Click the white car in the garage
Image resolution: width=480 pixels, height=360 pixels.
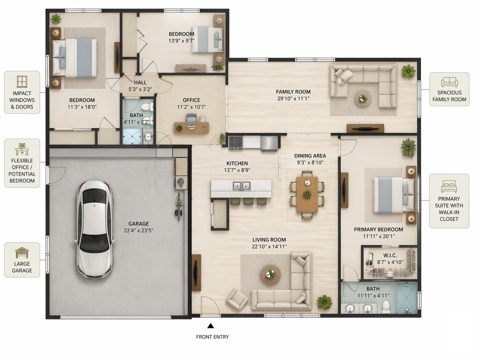click(x=95, y=229)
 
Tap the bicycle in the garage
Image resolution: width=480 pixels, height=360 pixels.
click(x=179, y=206)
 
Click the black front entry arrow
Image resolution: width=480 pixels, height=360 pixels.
click(x=210, y=326)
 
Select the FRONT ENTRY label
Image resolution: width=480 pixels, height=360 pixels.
click(x=212, y=337)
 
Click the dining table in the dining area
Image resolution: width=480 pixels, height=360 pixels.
click(x=307, y=194)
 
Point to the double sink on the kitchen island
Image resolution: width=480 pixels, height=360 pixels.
click(x=241, y=186)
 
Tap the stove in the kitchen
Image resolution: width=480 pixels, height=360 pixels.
click(x=236, y=142)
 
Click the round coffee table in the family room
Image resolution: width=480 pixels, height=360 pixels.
click(x=363, y=98)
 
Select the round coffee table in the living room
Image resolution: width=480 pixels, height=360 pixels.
click(x=270, y=275)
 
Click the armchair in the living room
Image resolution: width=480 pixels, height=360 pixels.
click(x=237, y=299)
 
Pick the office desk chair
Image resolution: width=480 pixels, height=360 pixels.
click(x=192, y=118)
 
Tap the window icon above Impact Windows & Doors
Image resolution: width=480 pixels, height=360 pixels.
click(x=22, y=82)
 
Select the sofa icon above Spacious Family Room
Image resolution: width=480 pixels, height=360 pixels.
click(x=450, y=82)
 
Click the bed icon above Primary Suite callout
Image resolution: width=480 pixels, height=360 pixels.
click(x=449, y=186)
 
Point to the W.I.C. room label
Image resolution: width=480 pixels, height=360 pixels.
click(x=390, y=255)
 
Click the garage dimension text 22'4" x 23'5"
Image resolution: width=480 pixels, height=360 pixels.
click(x=139, y=230)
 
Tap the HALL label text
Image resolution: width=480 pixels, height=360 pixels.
click(x=140, y=83)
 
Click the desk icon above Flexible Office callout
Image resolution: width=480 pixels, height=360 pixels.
click(x=22, y=149)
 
